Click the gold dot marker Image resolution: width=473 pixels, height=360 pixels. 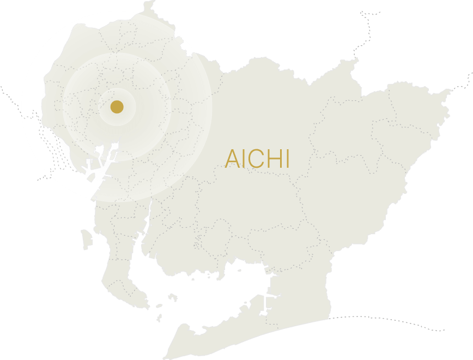117,107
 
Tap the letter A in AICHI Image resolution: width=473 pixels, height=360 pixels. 232,159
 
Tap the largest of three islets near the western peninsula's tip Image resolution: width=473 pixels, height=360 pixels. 173,297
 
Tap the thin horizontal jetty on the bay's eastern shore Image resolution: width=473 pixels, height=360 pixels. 268,297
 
